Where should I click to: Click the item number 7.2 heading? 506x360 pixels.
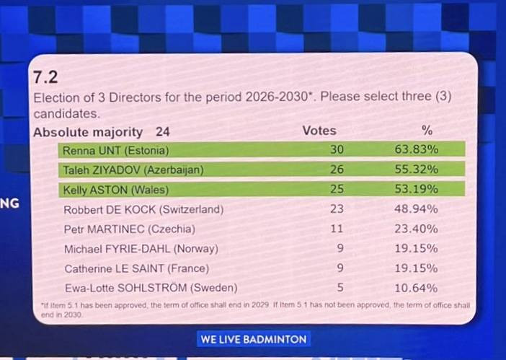click(45, 77)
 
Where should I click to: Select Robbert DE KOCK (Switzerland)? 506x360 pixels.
click(143, 210)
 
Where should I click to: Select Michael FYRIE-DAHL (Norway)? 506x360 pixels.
click(141, 249)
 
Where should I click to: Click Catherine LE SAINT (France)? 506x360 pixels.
click(137, 268)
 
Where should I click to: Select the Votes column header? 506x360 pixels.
click(319, 131)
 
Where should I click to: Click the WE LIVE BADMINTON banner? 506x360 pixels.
click(253, 339)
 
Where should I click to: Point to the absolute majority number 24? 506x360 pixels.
click(162, 131)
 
